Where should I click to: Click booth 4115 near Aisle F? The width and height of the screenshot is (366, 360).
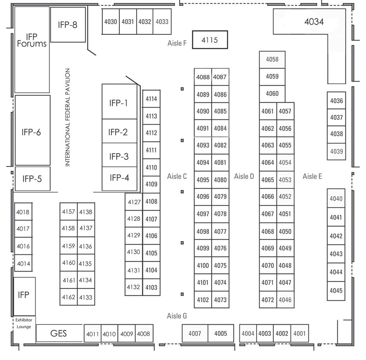click(210, 40)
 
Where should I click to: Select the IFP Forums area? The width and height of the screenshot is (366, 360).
click(31, 40)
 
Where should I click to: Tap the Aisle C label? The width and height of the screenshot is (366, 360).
click(177, 176)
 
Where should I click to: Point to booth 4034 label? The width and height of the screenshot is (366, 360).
click(314, 22)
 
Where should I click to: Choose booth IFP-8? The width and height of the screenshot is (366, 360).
click(68, 25)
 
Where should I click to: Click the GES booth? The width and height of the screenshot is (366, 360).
click(59, 333)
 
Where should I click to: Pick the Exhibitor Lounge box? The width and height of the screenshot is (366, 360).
click(24, 323)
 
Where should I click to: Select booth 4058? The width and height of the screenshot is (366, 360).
click(272, 59)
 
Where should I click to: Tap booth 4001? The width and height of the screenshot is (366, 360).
click(299, 334)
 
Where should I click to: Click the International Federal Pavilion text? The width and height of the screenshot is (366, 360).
click(68, 117)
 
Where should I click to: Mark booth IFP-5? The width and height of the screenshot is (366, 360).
click(32, 179)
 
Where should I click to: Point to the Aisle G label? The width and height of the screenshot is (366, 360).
click(177, 316)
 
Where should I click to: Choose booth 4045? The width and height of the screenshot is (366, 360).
click(336, 291)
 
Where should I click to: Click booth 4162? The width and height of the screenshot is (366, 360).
click(69, 297)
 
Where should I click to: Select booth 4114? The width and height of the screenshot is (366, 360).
click(151, 99)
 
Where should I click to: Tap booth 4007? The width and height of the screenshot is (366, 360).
click(194, 334)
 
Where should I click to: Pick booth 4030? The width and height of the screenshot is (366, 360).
click(111, 22)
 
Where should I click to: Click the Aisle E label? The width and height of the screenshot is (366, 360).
click(312, 176)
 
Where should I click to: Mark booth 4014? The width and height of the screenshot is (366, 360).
click(23, 263)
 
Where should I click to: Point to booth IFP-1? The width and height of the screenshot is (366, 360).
click(119, 103)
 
